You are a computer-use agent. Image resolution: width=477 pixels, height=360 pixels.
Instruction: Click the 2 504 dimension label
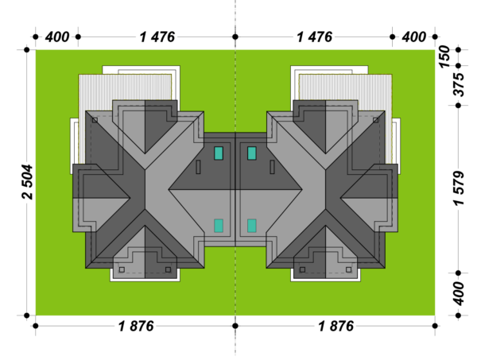pyautogui.click(x=27, y=182)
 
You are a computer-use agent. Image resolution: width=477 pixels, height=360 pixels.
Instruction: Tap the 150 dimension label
pyautogui.click(x=444, y=56)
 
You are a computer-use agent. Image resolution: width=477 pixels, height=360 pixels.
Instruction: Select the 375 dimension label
pyautogui.click(x=459, y=84)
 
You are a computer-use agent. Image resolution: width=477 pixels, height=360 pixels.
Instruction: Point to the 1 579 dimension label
pyautogui.click(x=459, y=188)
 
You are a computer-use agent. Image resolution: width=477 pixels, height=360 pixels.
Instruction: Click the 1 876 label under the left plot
pyautogui.click(x=136, y=327)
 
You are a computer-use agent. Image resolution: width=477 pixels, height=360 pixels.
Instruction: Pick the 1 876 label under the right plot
pyautogui.click(x=335, y=327)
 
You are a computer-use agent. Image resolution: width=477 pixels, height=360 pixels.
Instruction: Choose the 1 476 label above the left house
pyautogui.click(x=157, y=37)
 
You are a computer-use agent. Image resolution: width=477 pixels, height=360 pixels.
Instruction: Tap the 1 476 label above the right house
pyautogui.click(x=314, y=37)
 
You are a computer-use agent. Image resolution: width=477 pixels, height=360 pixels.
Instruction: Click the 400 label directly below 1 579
pyautogui.click(x=459, y=293)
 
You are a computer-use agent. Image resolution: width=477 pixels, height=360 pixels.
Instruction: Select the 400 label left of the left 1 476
pyautogui.click(x=57, y=37)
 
